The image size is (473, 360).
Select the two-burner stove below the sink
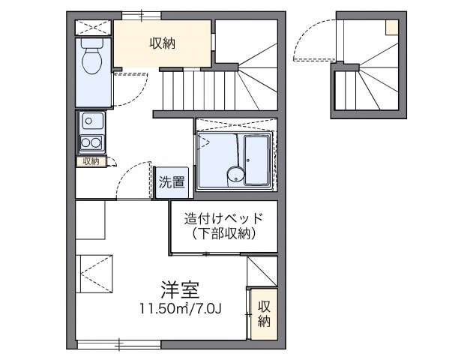click(92, 143)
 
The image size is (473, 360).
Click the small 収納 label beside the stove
click(90, 161)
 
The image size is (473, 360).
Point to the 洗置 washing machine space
click(172, 181)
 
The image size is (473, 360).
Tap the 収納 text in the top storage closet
click(161, 43)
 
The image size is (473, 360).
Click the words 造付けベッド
click(224, 219)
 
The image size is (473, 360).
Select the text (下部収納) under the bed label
click(224, 234)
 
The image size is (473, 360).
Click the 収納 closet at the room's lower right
click(263, 314)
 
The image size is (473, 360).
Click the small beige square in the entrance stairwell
click(392, 27)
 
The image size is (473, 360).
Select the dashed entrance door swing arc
click(309, 41)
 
